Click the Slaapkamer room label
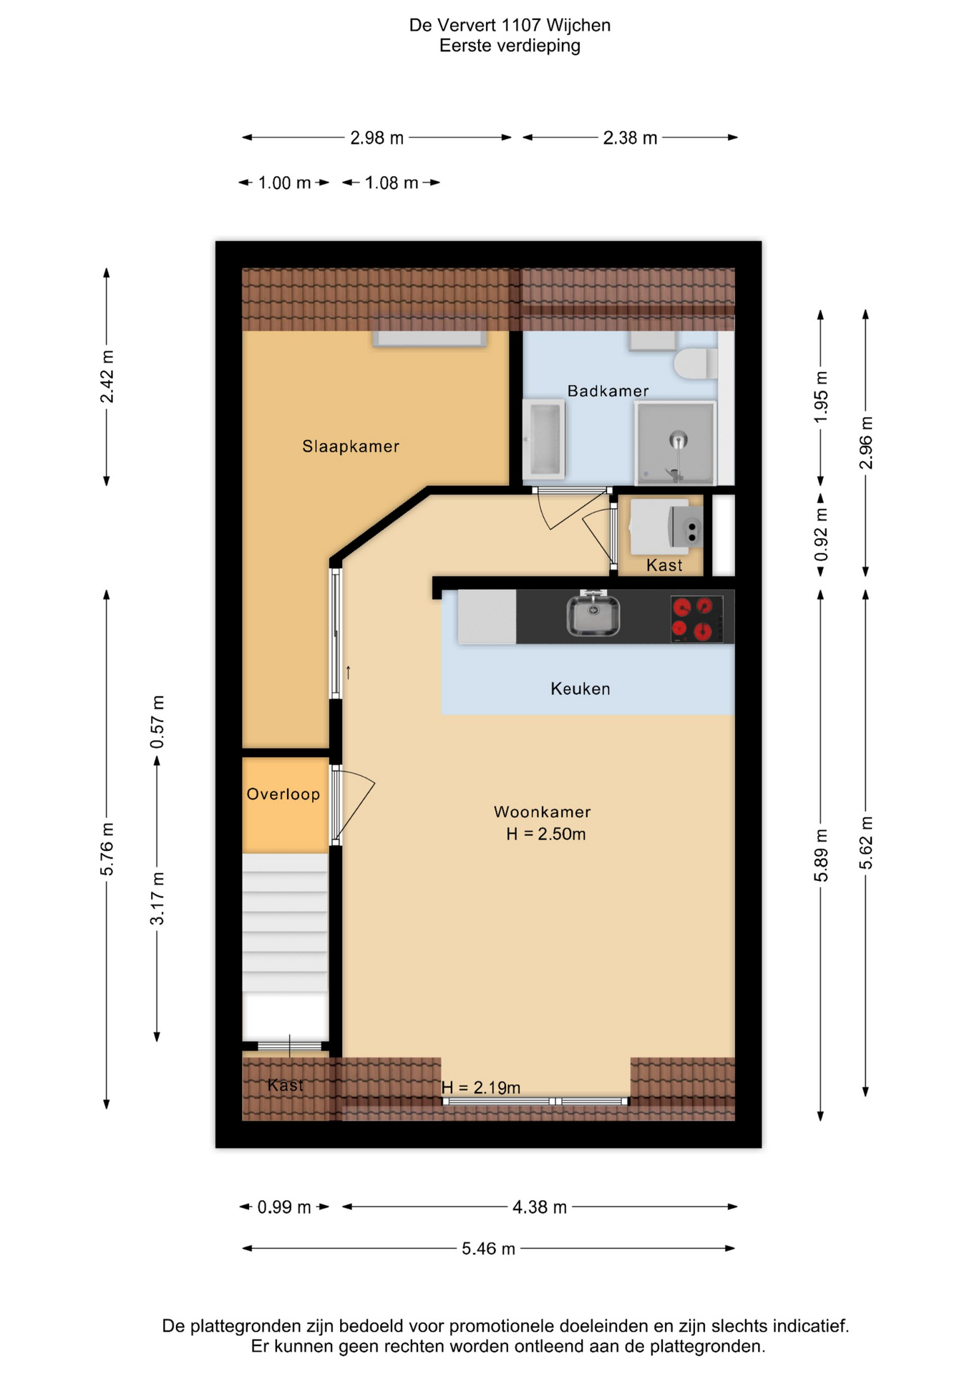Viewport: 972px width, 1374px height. point(350,447)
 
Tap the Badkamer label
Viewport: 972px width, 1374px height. point(608,391)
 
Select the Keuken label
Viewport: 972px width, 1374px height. point(580,689)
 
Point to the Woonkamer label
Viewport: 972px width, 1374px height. point(542,812)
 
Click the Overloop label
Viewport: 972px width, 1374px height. point(283,794)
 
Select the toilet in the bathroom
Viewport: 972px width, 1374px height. point(695,364)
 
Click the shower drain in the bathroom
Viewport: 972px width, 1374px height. point(678,439)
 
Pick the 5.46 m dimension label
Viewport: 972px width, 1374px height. point(488,1249)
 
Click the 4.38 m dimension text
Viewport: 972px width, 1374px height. point(539,1207)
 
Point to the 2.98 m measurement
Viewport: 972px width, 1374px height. point(376,137)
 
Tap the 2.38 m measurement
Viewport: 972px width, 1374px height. point(630,137)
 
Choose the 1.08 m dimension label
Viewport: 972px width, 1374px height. point(392,183)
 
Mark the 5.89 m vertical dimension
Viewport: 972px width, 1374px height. point(821,855)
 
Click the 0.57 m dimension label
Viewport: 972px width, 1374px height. point(157,722)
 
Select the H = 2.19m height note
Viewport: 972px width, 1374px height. point(480,1088)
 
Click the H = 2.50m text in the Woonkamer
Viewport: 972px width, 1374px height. point(545,834)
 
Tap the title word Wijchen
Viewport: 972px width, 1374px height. point(578,26)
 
